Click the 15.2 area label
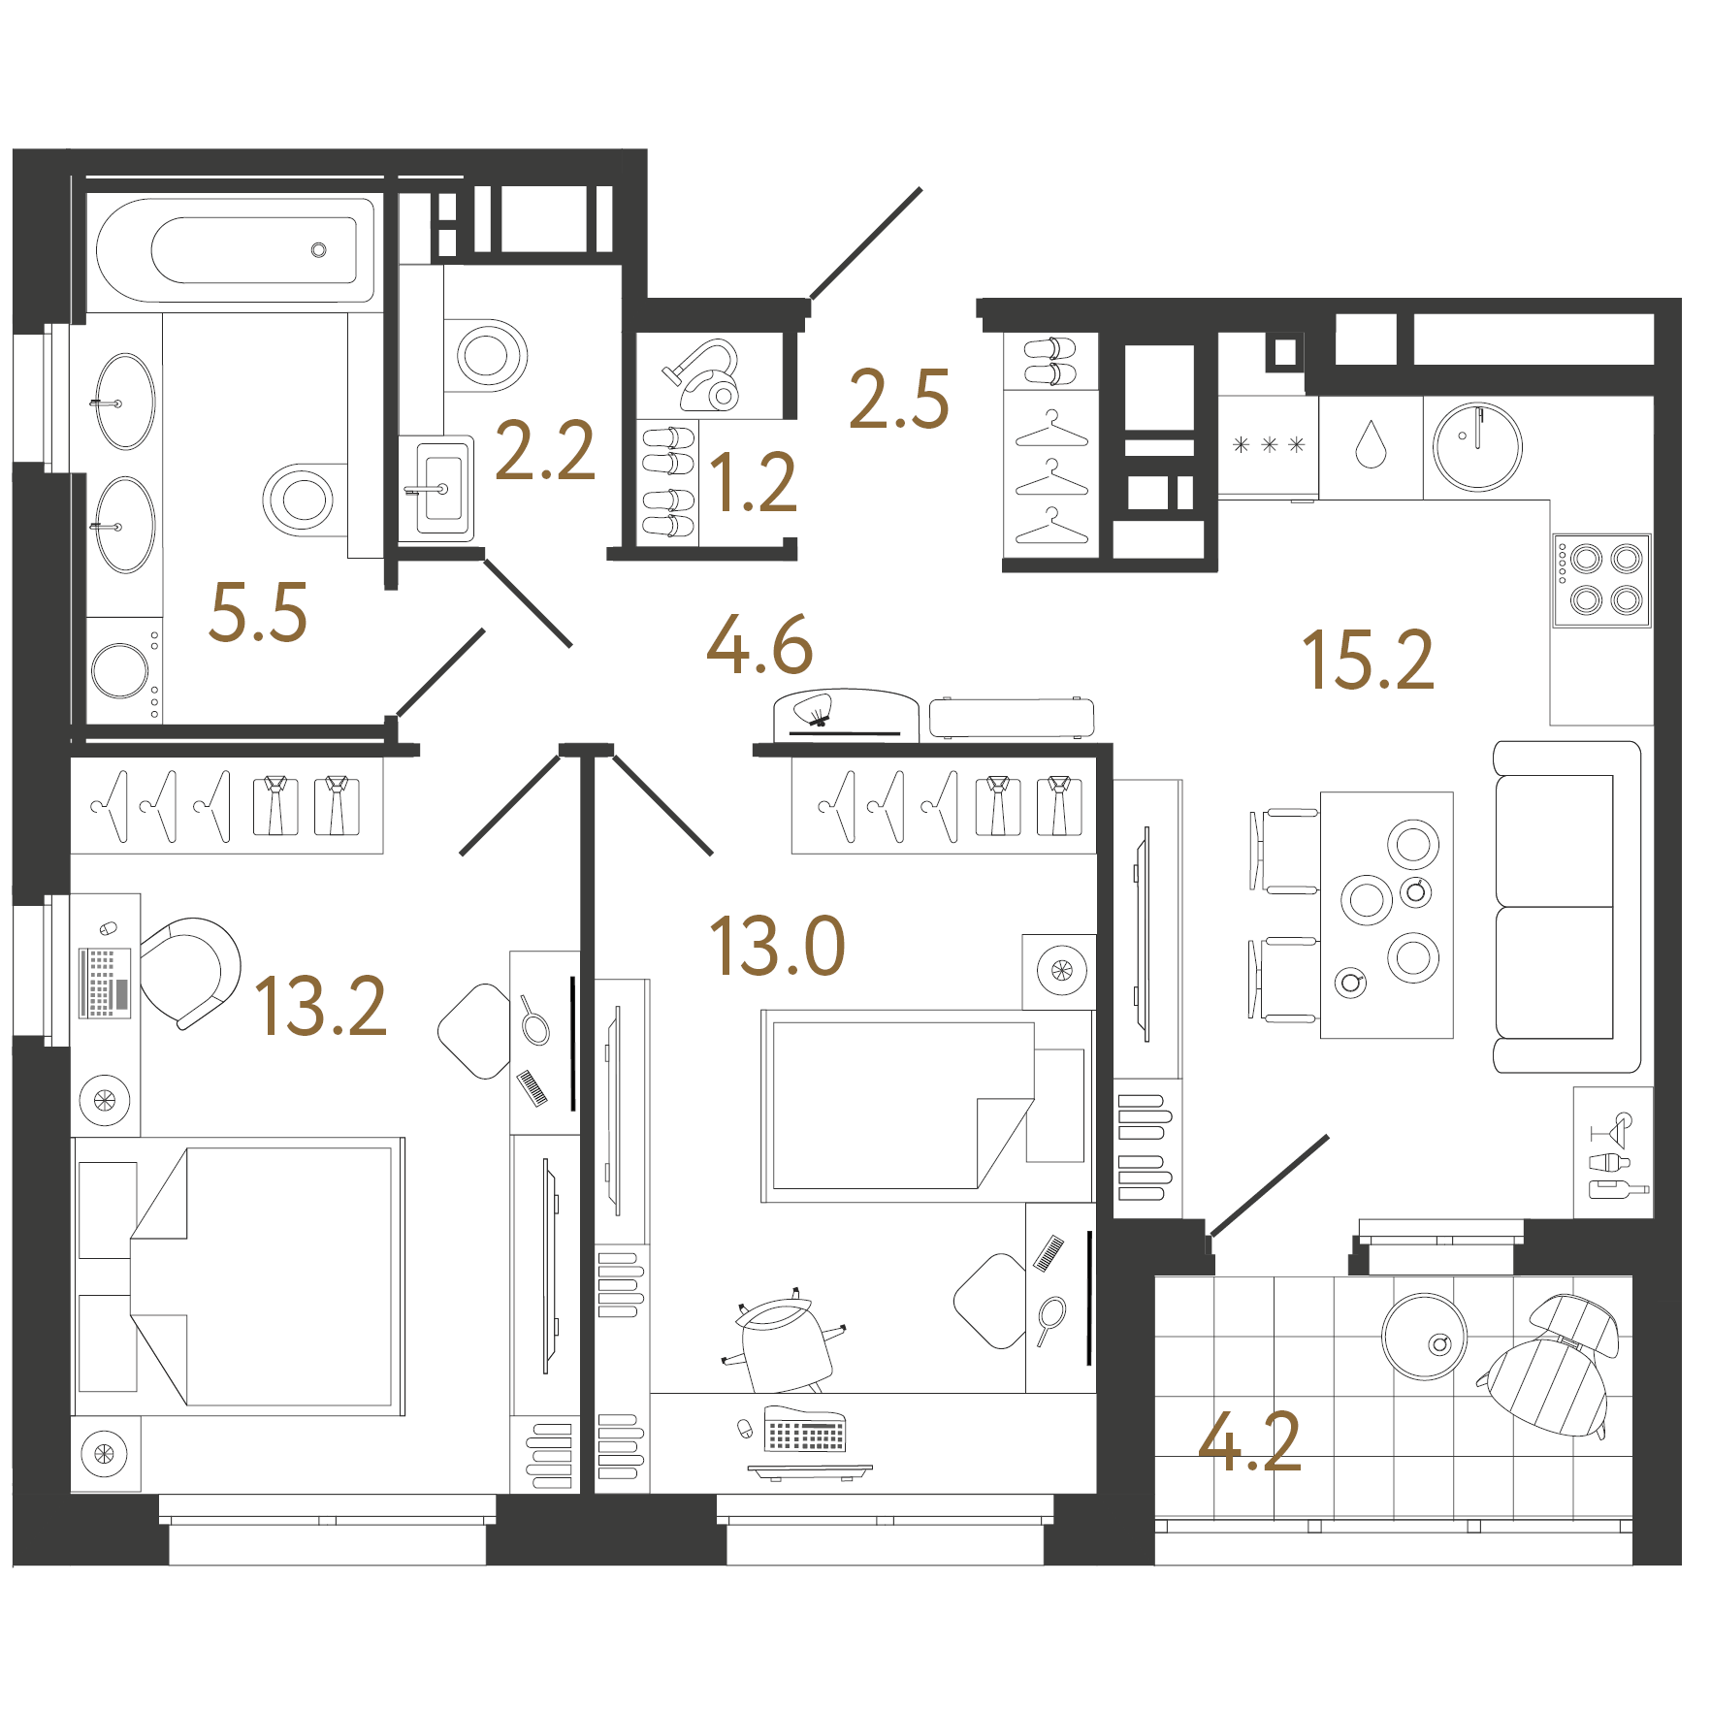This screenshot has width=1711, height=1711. [1368, 661]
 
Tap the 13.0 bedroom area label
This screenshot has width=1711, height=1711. [778, 946]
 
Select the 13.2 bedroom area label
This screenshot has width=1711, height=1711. [321, 1006]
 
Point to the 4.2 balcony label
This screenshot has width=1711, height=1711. [1249, 1442]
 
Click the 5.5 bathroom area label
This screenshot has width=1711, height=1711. [258, 612]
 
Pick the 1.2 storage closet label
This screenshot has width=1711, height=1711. [754, 482]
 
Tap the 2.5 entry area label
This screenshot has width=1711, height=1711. [899, 399]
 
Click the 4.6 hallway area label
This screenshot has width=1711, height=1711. [759, 645]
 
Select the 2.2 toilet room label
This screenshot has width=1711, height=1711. [545, 451]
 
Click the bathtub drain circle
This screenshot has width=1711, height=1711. [318, 250]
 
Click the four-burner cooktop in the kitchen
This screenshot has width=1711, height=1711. [1601, 580]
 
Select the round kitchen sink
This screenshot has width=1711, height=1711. [1477, 447]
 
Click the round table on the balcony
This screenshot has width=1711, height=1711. [1425, 1336]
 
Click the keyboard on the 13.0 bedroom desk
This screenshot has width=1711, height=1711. [805, 1429]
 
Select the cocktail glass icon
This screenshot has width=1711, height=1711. [1613, 1129]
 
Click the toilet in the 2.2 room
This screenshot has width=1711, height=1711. [486, 355]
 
